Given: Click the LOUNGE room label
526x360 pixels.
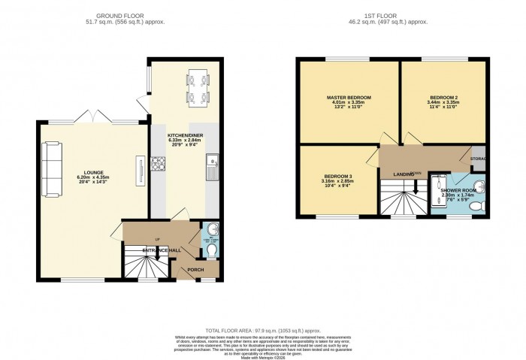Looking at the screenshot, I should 94,171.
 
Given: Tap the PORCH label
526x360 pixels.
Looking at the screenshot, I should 195,268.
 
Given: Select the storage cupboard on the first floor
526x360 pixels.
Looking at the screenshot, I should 478,159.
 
